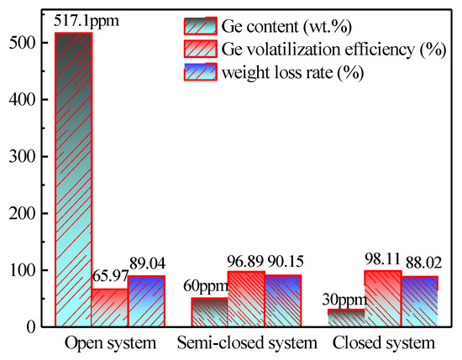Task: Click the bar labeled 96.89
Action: coord(245,299)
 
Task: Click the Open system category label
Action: coord(109,343)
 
